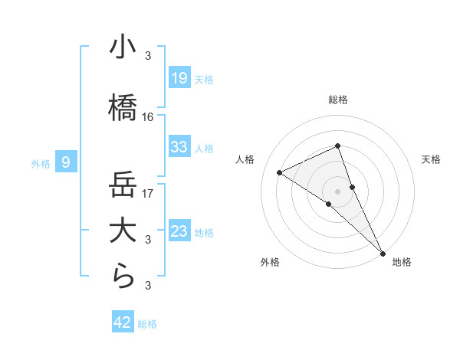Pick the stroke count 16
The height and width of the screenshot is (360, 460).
[x=148, y=117]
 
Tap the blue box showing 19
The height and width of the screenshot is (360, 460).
[x=179, y=78]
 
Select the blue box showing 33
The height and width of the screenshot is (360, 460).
[x=179, y=147]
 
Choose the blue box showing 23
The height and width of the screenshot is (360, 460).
[x=179, y=231]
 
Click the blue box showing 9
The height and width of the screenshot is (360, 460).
[x=67, y=162]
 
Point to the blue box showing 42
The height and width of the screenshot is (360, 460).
[x=123, y=322]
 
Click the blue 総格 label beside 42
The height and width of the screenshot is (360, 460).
[x=147, y=324]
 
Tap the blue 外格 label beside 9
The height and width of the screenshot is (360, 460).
[x=41, y=163]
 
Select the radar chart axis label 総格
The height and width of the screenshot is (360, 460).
[x=337, y=100]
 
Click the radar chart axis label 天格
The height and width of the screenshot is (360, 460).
[x=431, y=159]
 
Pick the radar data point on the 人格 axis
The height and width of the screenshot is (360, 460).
[x=280, y=172]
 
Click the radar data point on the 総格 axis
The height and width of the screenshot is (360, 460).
[x=337, y=146]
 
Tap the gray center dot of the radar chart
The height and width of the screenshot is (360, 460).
[x=337, y=191]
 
